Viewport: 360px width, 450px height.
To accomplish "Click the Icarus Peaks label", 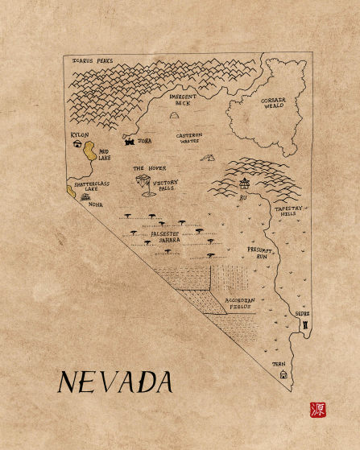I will pos(93,60).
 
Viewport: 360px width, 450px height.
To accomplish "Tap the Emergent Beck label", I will pos(183,99).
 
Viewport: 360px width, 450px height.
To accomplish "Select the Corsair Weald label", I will pos(273,103).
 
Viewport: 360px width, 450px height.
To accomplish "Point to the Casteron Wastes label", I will pos(190,138).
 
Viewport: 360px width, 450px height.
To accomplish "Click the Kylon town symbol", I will pos(78,146).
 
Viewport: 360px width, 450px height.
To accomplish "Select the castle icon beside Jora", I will pos(129,140).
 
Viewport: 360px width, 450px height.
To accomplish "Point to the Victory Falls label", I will pos(164,185).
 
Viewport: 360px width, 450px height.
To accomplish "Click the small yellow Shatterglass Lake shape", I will pos(69,192).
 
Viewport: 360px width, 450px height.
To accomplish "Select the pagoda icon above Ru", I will pos(243,184).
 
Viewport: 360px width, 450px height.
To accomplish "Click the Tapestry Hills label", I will pos(289,211).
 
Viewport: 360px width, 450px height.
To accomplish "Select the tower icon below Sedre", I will pos(305,324).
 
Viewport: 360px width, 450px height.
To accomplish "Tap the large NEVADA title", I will pos(115,382).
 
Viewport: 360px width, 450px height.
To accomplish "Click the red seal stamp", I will pos(318,409).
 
